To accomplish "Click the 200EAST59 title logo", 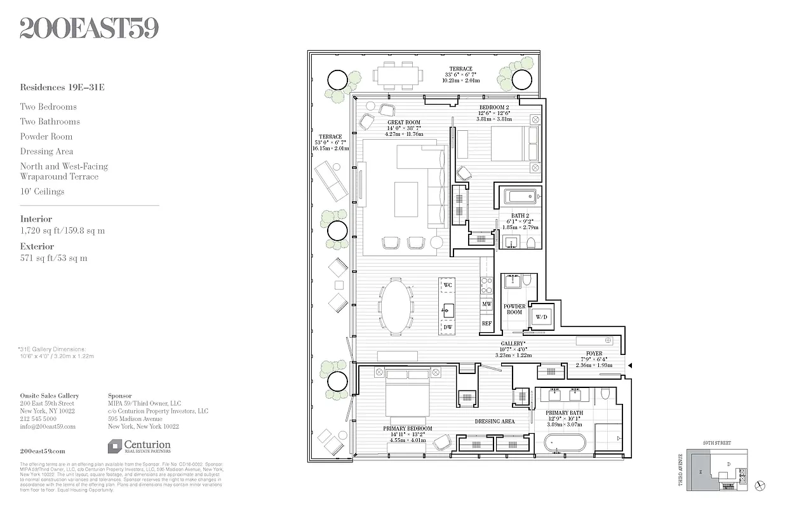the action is [89, 28].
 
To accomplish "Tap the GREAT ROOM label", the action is [404, 123].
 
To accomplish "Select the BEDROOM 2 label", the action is [493, 108].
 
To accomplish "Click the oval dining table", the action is [396, 307].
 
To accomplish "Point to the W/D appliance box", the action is [542, 317].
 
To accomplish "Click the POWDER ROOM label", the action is [514, 309].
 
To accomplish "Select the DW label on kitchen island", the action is [448, 327].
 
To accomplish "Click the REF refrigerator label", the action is [486, 323].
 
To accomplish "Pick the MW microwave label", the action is [486, 304].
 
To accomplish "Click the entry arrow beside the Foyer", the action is [630, 365].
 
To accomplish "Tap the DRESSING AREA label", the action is [494, 421].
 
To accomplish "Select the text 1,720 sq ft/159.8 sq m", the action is [62, 231].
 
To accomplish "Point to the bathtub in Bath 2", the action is [520, 197].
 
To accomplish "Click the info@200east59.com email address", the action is [48, 427].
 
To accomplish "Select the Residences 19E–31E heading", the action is [62, 88].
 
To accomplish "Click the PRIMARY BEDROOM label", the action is [407, 429].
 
